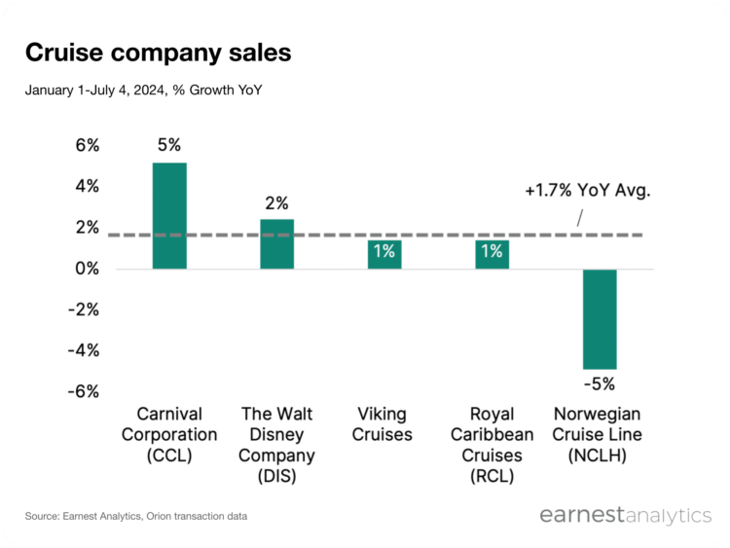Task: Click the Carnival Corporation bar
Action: click(169, 215)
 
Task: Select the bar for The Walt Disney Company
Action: click(276, 243)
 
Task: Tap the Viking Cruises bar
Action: click(383, 253)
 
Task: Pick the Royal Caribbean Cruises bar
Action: click(492, 253)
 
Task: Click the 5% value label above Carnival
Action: click(169, 145)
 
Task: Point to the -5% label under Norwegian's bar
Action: click(600, 384)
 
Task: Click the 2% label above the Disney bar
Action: click(276, 202)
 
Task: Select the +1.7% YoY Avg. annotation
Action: click(587, 191)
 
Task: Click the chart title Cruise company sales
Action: click(158, 53)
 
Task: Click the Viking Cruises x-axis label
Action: click(383, 423)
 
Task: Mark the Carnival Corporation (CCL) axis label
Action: click(169, 434)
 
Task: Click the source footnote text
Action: click(136, 515)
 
